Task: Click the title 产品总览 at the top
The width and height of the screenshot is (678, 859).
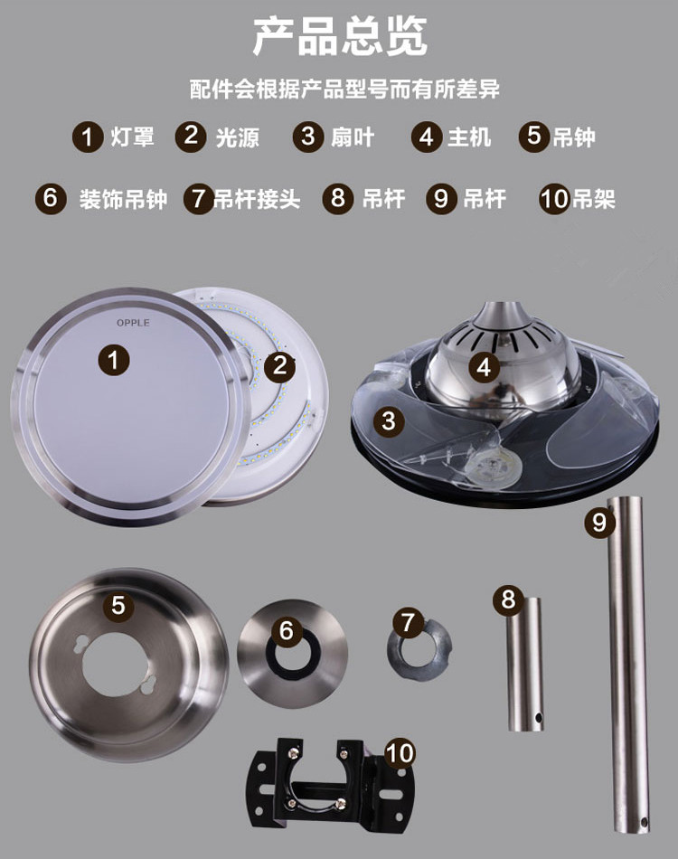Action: pyautogui.click(x=339, y=37)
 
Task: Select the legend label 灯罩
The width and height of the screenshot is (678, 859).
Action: pyautogui.click(x=133, y=137)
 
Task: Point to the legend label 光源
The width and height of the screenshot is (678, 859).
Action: pyautogui.click(x=238, y=137)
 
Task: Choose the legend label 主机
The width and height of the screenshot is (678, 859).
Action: pyautogui.click(x=469, y=137)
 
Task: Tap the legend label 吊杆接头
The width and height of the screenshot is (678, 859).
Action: pyautogui.click(x=256, y=198)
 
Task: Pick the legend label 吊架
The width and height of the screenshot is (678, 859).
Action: pyautogui.click(x=594, y=198)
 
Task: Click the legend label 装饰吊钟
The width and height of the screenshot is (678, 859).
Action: pyautogui.click(x=123, y=198)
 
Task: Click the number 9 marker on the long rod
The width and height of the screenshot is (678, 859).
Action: pyautogui.click(x=598, y=522)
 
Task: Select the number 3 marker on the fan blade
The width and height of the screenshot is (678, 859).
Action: pyautogui.click(x=389, y=420)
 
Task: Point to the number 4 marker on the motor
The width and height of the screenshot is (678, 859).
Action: pyautogui.click(x=485, y=366)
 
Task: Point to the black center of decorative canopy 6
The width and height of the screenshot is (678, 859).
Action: pyautogui.click(x=292, y=653)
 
